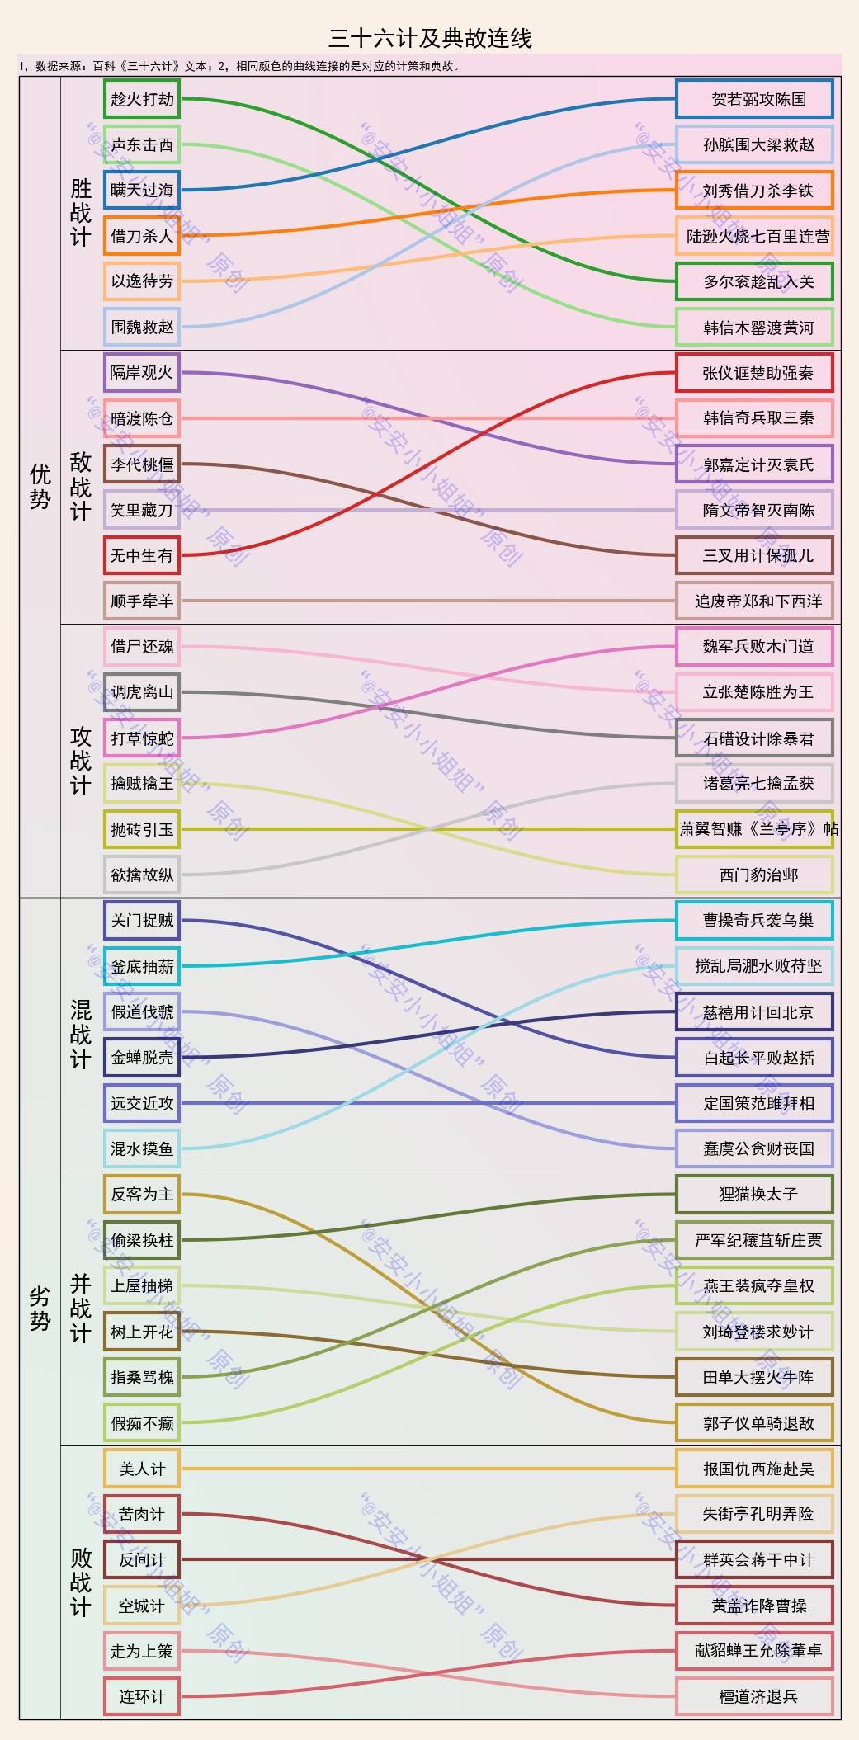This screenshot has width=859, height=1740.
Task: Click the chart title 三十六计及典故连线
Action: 430,38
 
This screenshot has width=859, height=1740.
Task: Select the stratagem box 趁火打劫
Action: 142,99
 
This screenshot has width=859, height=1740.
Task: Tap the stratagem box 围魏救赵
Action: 142,327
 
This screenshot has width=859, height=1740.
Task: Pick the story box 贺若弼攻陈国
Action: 754,99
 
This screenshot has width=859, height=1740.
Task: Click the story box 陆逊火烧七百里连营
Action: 754,236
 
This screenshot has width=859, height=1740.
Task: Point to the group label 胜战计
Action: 80,213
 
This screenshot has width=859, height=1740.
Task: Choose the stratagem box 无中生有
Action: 142,555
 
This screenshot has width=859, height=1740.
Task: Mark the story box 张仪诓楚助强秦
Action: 754,373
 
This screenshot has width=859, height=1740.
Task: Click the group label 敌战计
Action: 80,487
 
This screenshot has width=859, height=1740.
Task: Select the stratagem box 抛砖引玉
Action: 142,829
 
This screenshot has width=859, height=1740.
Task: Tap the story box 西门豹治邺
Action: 754,875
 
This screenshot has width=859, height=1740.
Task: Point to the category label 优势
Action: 40,487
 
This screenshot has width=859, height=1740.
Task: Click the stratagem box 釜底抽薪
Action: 142,966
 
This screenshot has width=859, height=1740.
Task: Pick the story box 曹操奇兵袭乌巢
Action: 754,920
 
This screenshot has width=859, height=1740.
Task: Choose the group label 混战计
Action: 80,1035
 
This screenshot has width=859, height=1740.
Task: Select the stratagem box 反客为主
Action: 142,1194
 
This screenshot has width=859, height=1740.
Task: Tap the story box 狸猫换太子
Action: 754,1194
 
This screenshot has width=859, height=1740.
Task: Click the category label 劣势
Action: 40,1309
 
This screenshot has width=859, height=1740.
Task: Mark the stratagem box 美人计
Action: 142,1469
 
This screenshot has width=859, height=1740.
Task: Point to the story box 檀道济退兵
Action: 754,1696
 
